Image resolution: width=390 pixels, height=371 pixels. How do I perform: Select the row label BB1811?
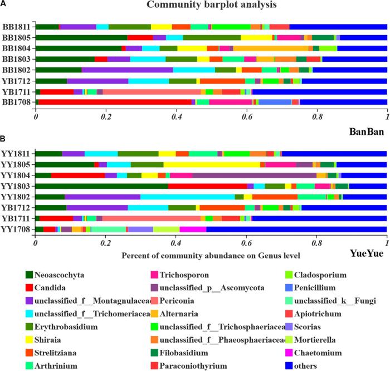pyautogui.click(x=16, y=27)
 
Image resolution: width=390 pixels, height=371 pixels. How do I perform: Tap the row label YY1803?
pyautogui.click(x=16, y=186)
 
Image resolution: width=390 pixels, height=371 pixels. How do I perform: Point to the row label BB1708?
pyautogui.click(x=16, y=102)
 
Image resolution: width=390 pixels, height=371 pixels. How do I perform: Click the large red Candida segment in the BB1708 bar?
pyautogui.click(x=115, y=102)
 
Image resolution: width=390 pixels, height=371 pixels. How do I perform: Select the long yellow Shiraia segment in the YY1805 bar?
pyautogui.click(x=212, y=165)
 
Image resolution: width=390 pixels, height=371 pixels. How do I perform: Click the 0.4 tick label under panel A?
pyautogui.click(x=176, y=118)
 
